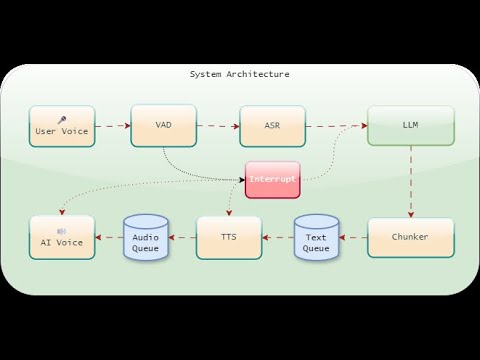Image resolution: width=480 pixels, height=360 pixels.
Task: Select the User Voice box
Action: [x=62, y=126]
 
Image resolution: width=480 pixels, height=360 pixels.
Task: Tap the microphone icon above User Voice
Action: [x=62, y=119]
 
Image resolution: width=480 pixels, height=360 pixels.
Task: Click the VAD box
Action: [x=163, y=125]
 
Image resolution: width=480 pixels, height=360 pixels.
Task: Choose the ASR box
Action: [x=272, y=126]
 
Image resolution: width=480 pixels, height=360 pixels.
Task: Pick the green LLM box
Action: [x=410, y=126]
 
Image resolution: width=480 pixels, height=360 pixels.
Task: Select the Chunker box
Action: [x=410, y=237]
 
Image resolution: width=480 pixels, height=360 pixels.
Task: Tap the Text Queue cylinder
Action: [x=316, y=238]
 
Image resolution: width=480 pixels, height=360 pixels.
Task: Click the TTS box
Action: [x=229, y=237]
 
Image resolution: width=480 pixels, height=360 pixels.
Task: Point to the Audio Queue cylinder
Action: [x=145, y=238]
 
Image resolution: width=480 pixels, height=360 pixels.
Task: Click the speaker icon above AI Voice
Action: [x=62, y=230]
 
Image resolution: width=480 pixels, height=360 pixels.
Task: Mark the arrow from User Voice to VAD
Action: [x=113, y=126]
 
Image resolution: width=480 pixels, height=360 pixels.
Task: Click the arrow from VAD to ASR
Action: [x=217, y=126]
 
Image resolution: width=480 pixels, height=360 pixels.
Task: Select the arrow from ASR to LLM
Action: [x=336, y=126]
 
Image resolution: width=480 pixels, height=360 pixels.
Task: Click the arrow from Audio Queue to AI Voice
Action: [x=109, y=238]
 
